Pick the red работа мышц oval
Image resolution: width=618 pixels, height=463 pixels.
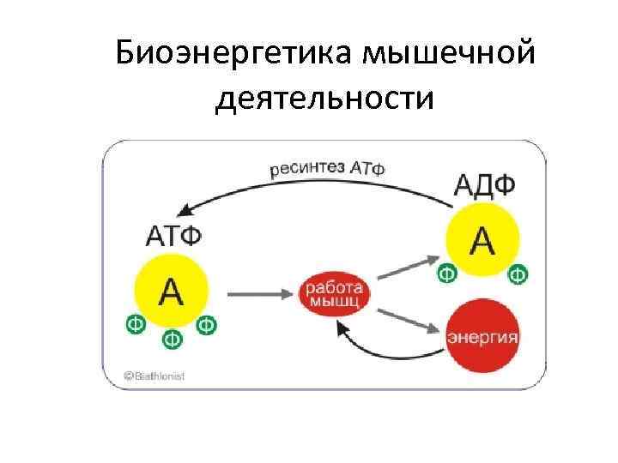click(x=335, y=292)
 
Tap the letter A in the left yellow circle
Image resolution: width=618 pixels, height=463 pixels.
click(x=172, y=292)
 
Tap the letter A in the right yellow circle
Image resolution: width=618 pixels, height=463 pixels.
click(x=483, y=241)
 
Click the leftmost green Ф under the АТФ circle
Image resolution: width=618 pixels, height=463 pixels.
click(x=135, y=324)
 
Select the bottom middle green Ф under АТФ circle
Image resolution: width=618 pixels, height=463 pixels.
click(x=172, y=340)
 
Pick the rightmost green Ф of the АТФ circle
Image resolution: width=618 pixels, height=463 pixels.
click(x=207, y=324)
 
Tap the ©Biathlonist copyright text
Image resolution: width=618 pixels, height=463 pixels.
click(x=154, y=376)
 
